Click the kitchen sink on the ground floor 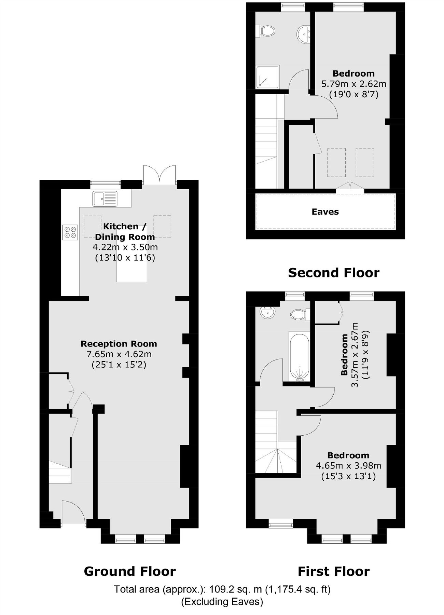(105, 199)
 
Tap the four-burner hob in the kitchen (70, 232)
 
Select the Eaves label (325, 212)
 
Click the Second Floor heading (334, 273)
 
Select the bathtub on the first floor (300, 356)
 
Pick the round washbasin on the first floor (267, 312)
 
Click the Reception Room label (119, 344)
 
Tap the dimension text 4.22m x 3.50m (125, 247)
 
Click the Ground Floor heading (130, 571)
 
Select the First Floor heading (334, 571)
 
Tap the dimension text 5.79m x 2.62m (354, 84)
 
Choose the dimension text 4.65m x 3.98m (349, 465)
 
